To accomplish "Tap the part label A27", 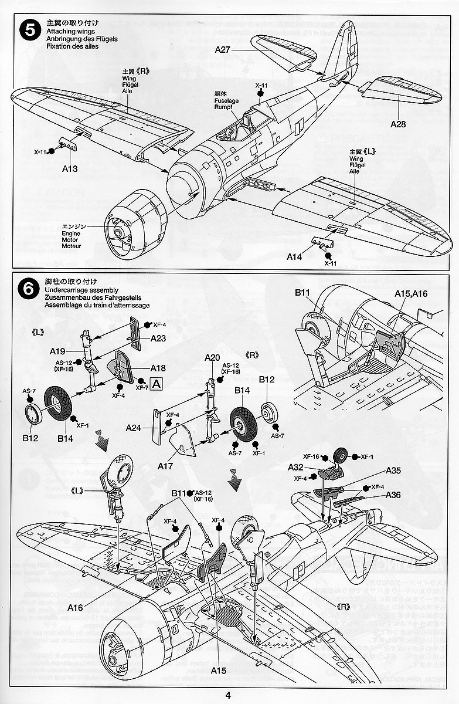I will pyautogui.click(x=223, y=50).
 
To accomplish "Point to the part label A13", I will pyautogui.click(x=70, y=168).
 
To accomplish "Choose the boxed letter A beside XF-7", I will pyautogui.click(x=157, y=384).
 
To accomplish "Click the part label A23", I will pyautogui.click(x=158, y=339).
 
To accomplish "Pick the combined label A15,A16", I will pyautogui.click(x=411, y=293).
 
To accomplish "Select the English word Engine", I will pyautogui.click(x=71, y=233).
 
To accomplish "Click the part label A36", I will pyautogui.click(x=393, y=495).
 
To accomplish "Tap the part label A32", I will pyautogui.click(x=295, y=467).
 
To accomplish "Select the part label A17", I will pyautogui.click(x=166, y=466).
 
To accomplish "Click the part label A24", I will pyautogui.click(x=134, y=428).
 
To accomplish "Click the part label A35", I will pyautogui.click(x=393, y=471).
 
